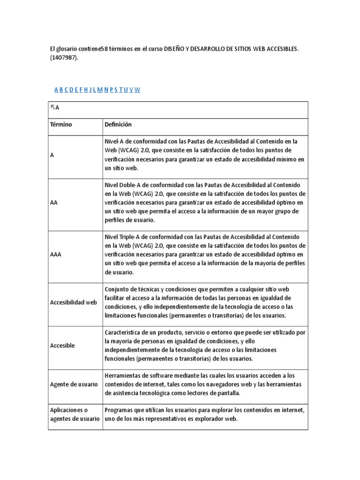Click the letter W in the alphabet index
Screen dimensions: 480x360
[x=137, y=90]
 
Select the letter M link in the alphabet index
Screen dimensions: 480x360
[x=100, y=90]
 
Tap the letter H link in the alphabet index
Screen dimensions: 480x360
[x=86, y=90]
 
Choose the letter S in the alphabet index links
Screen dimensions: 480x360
[x=116, y=90]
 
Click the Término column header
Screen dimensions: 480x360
[x=61, y=125]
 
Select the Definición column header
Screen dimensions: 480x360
[x=118, y=125]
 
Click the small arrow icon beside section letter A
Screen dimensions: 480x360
[x=52, y=107]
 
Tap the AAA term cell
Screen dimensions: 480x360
[x=55, y=255]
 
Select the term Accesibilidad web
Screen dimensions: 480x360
[x=73, y=302]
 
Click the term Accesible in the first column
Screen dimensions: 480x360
[x=62, y=345]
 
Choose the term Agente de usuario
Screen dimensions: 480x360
[x=74, y=384]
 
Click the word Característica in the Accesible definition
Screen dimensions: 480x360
[x=124, y=332]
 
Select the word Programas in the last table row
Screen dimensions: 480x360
[x=120, y=410]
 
